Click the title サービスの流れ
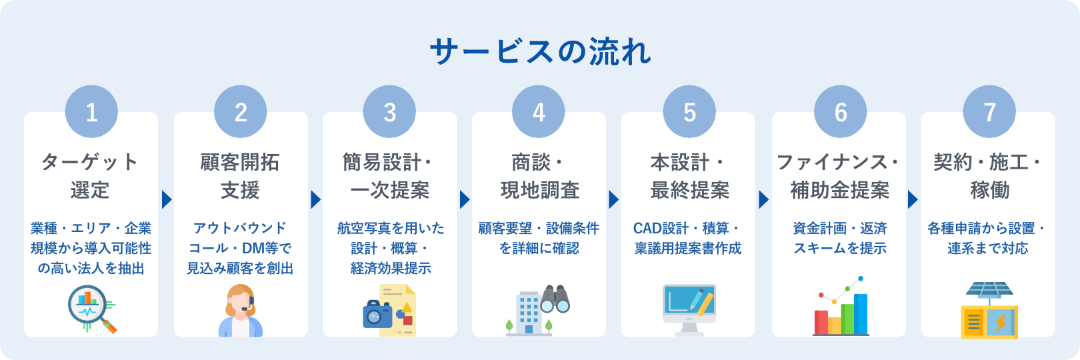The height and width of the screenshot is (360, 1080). (x=540, y=52)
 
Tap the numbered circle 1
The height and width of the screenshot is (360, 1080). (x=91, y=112)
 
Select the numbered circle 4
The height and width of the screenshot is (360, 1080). (x=539, y=112)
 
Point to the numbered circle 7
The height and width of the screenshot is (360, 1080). (x=989, y=112)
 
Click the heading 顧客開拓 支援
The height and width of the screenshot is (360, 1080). (x=240, y=176)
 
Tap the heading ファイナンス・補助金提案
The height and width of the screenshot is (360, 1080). (x=839, y=176)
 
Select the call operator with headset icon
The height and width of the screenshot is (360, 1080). (x=241, y=311)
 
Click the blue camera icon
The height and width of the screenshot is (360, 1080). (x=377, y=315)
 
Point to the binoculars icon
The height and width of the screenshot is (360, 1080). (x=555, y=299)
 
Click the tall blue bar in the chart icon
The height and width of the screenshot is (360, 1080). (x=861, y=313)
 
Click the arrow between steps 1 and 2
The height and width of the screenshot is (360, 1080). (x=166, y=199)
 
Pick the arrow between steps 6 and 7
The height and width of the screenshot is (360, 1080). (x=913, y=199)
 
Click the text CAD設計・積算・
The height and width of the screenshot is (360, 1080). (x=687, y=228)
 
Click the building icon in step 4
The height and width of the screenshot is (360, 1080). (x=527, y=313)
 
